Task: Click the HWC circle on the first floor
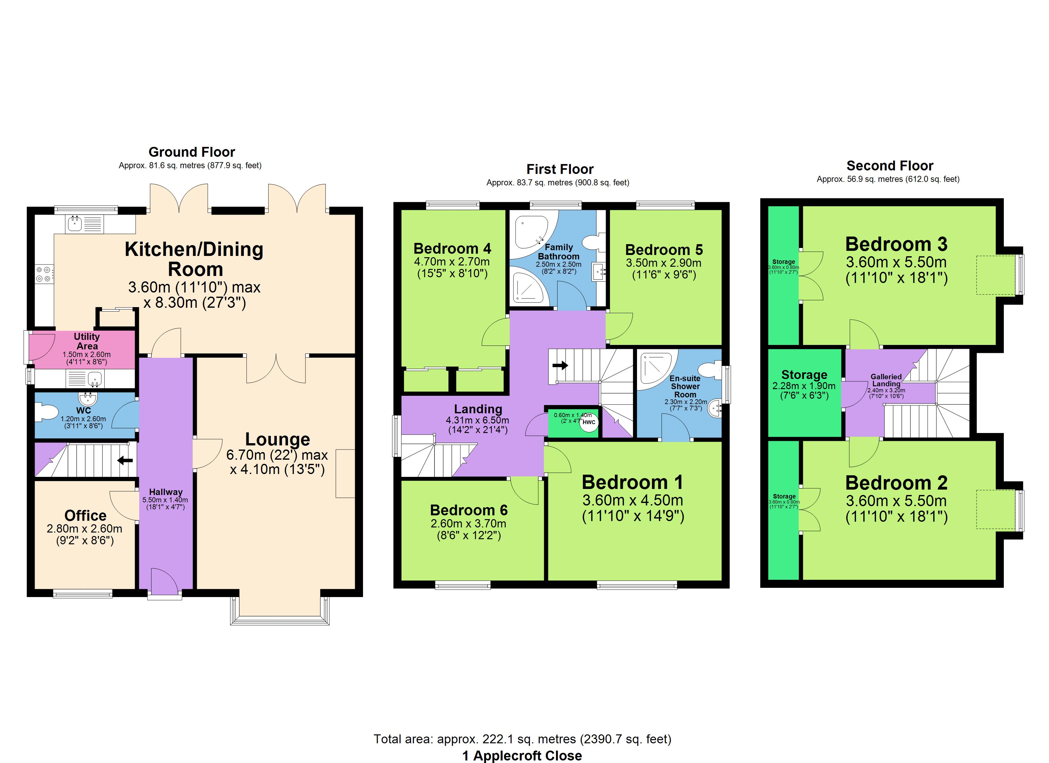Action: pos(589,423)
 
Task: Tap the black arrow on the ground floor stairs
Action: pos(125,460)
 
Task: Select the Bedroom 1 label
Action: pos(632,483)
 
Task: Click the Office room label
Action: pos(86,515)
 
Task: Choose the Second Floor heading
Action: pos(890,166)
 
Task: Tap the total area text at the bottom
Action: pos(522,739)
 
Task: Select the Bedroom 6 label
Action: pos(469,510)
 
